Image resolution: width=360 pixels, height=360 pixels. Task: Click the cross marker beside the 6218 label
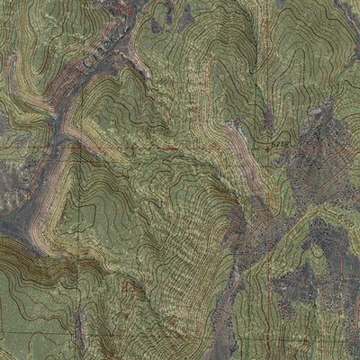pos(269,145)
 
